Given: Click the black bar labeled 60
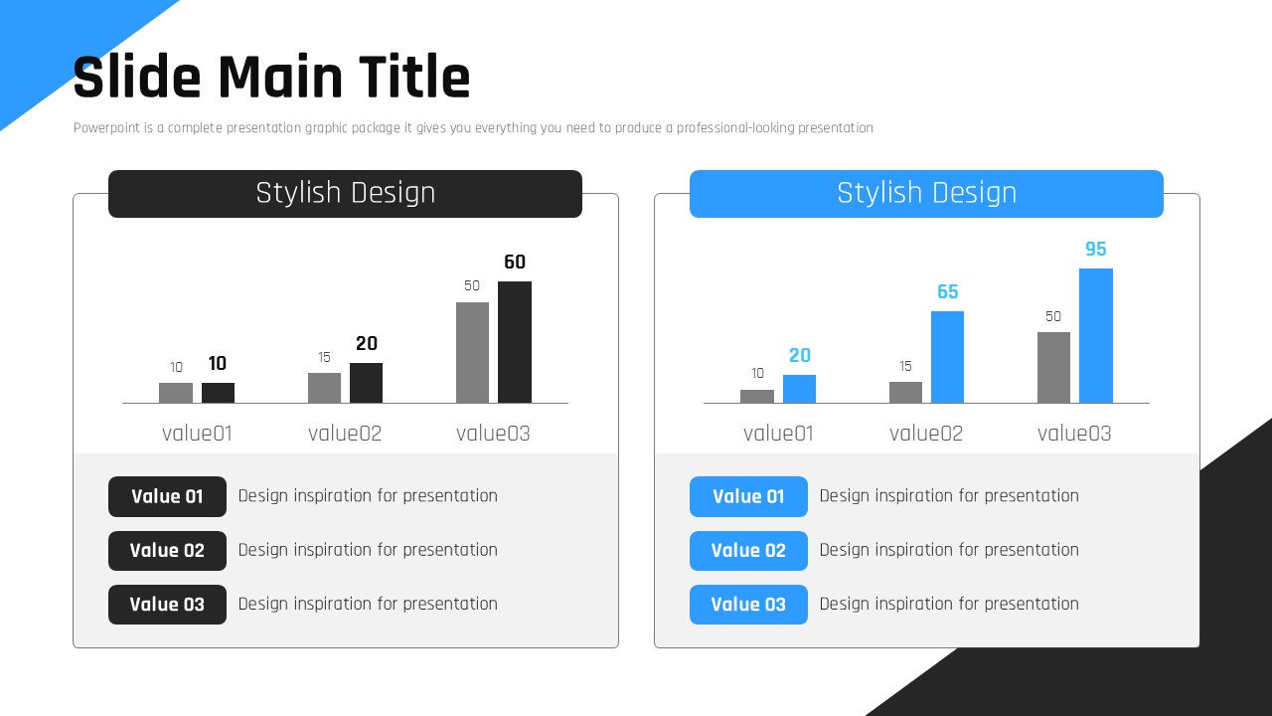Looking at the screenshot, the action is (x=515, y=342).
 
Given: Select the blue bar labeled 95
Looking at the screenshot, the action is (x=1096, y=335).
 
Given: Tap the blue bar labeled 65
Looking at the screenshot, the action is (x=947, y=357).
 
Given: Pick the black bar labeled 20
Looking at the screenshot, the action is (x=367, y=383).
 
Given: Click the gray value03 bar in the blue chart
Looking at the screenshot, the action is (x=1054, y=368).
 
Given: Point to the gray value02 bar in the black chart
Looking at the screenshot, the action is (x=324, y=388).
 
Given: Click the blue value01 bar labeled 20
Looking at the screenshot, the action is (x=800, y=389).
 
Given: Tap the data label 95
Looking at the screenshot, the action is (x=1096, y=249).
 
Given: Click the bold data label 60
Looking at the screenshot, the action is (x=515, y=262).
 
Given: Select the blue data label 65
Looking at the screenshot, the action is (x=948, y=291).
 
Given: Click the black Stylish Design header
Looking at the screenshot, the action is (x=345, y=194).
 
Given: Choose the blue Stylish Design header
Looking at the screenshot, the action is (x=927, y=194).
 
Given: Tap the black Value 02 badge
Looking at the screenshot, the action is (x=167, y=551).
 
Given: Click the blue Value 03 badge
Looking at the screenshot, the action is (x=748, y=605).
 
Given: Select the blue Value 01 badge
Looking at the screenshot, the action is (x=748, y=496).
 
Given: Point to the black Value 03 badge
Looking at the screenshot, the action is (x=167, y=605).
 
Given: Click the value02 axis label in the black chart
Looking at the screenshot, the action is (x=345, y=434).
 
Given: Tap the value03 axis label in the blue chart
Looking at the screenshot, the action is (x=1074, y=434).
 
